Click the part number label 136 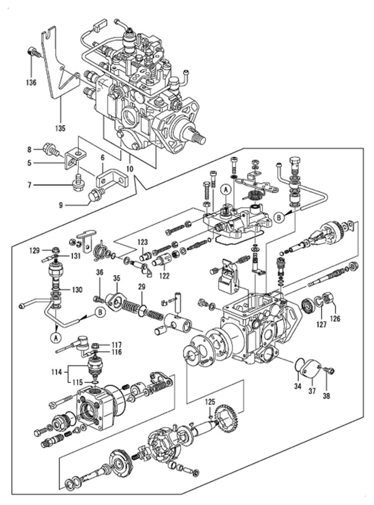tap(32, 82)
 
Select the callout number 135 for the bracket tap(61, 128)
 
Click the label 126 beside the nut tap(335, 319)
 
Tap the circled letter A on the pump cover tap(226, 190)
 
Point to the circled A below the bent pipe tap(55, 338)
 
